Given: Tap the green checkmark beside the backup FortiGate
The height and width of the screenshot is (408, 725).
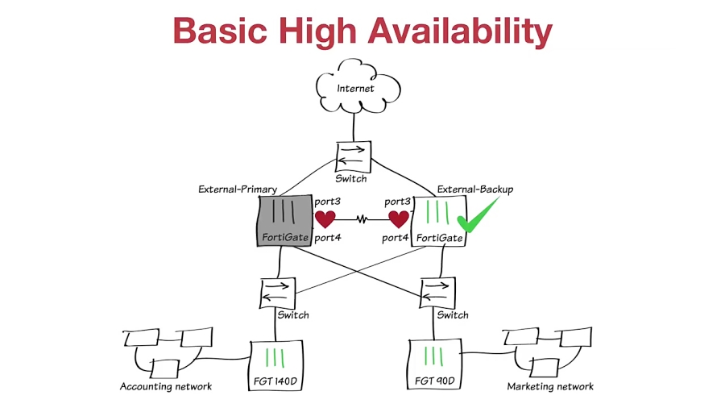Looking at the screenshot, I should pyautogui.click(x=478, y=214).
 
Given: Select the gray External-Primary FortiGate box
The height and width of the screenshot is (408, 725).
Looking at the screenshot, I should pyautogui.click(x=284, y=220).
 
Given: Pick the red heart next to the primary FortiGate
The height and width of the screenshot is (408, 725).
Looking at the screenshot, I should pyautogui.click(x=325, y=219).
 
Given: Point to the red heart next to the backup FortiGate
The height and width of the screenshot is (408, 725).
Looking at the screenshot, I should pyautogui.click(x=399, y=219).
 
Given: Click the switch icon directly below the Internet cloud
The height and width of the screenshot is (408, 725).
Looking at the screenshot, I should pyautogui.click(x=352, y=156).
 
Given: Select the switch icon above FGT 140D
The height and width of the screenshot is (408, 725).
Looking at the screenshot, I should pyautogui.click(x=279, y=293).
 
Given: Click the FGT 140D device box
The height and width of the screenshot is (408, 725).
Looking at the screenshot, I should pyautogui.click(x=277, y=364).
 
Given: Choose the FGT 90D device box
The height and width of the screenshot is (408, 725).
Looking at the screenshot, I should pyautogui.click(x=434, y=364).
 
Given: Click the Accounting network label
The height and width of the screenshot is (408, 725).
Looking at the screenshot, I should pyautogui.click(x=166, y=386).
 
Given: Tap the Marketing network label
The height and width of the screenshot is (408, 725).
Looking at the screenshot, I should pyautogui.click(x=550, y=386).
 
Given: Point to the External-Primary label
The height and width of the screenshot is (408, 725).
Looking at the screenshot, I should pyautogui.click(x=238, y=189).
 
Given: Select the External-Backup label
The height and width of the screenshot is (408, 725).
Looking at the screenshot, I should pyautogui.click(x=475, y=189).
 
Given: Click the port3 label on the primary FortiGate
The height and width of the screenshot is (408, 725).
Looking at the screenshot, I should pyautogui.click(x=329, y=201).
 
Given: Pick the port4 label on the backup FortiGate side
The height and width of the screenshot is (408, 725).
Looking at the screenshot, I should pyautogui.click(x=396, y=238).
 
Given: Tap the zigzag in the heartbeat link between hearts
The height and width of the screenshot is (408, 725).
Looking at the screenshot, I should pyautogui.click(x=362, y=219).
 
